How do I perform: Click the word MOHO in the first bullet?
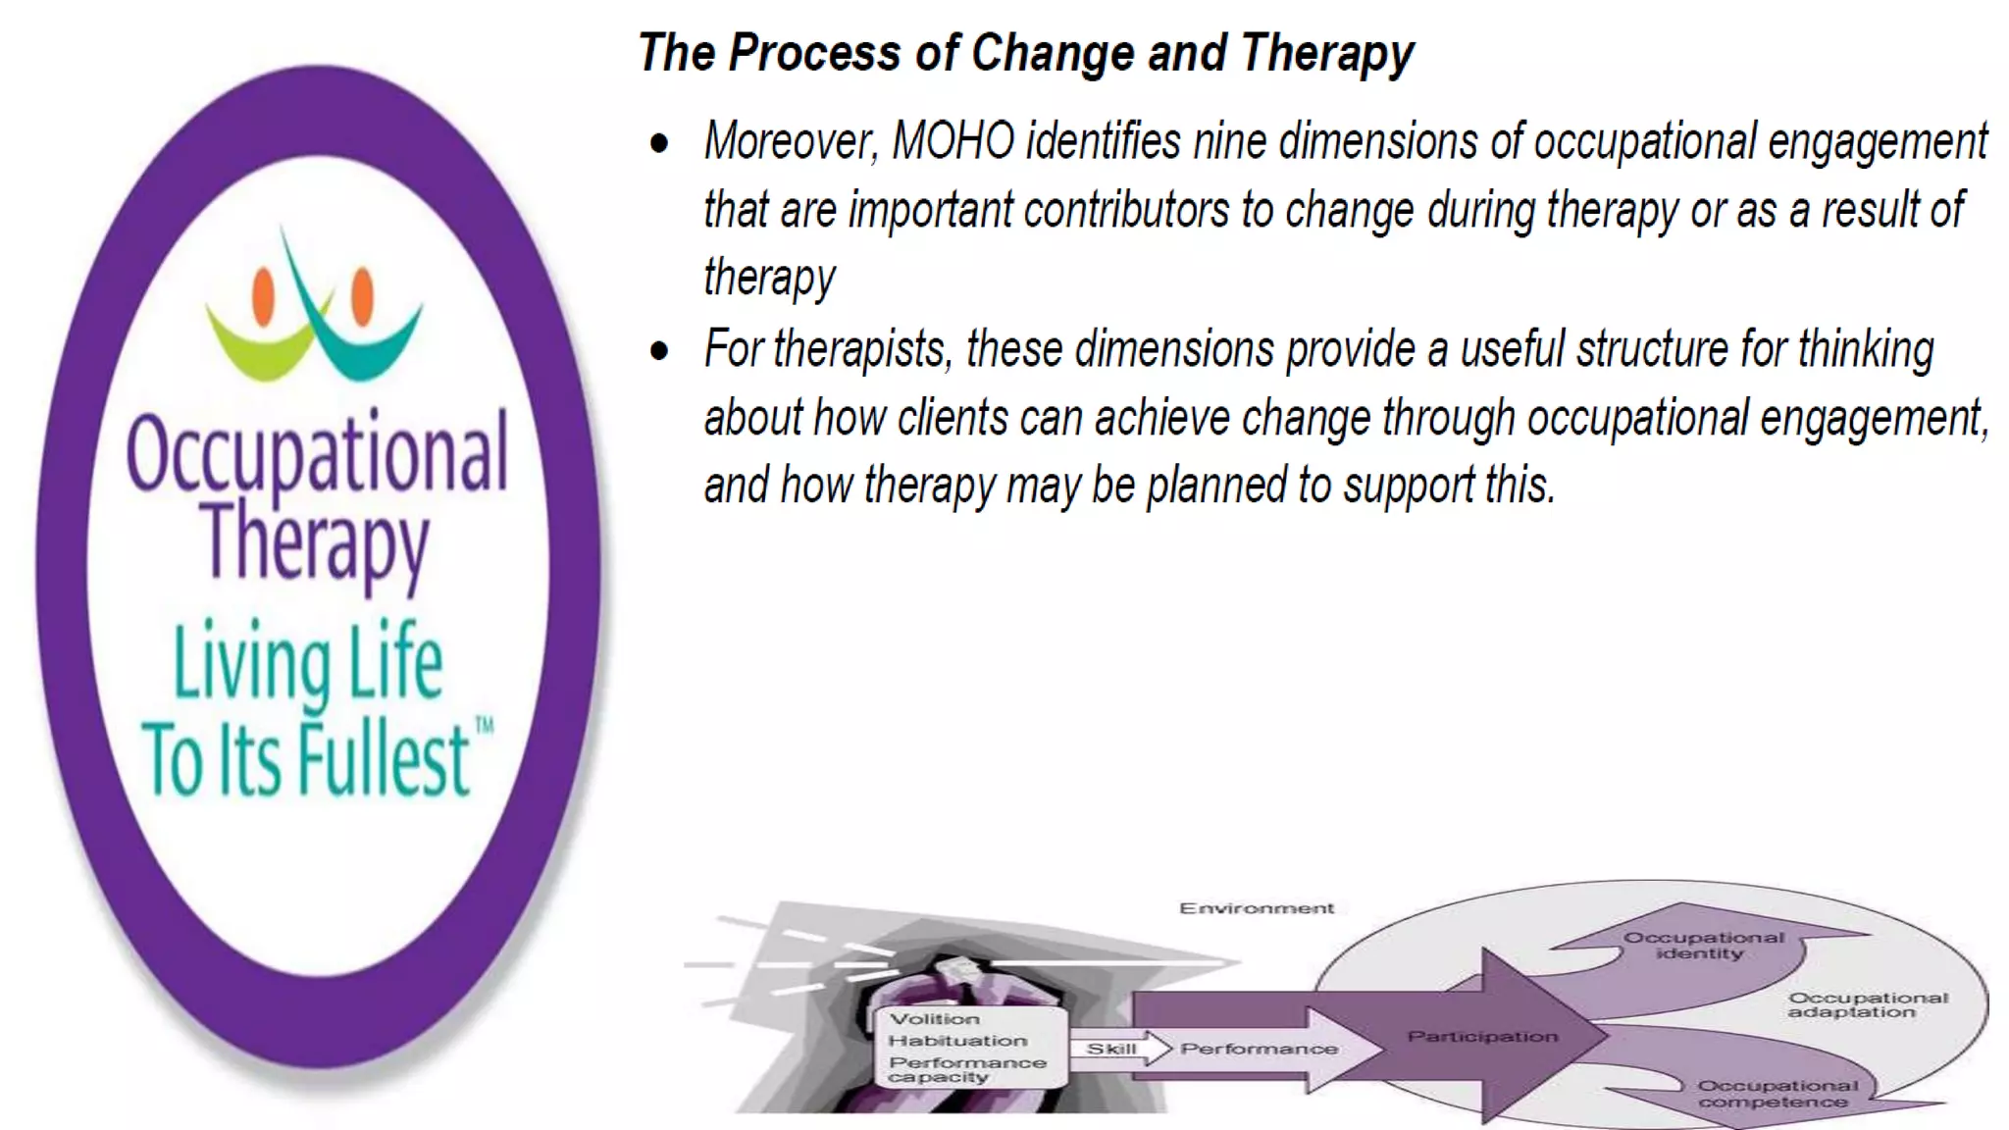[x=953, y=141]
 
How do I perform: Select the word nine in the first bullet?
[x=1230, y=141]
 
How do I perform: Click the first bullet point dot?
[x=659, y=143]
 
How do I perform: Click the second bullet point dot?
[x=659, y=351]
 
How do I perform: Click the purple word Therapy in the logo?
[x=315, y=542]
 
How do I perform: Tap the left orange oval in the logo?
[x=263, y=296]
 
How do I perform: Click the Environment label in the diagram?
[x=1256, y=908]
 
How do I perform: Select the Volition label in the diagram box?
[x=934, y=1019]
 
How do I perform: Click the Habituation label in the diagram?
[x=957, y=1041]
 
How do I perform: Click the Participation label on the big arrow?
[x=1481, y=1037]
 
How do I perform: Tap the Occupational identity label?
[x=1703, y=945]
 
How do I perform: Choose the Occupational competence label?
[x=1777, y=1094]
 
